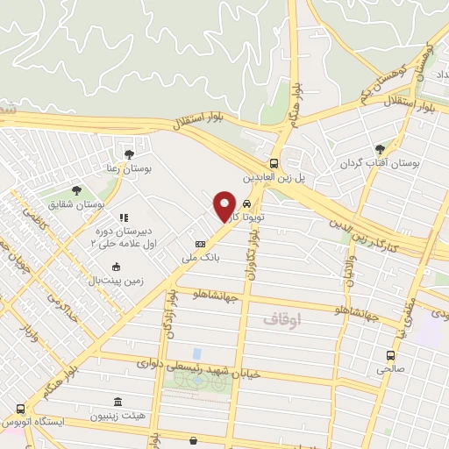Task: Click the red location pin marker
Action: [225, 205]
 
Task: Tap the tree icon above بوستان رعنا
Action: [129, 154]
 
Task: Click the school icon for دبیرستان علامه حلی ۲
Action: [124, 217]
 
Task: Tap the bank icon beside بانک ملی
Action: [200, 244]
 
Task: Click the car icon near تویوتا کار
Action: [257, 202]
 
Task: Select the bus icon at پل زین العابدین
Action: [274, 163]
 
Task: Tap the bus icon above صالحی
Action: [391, 356]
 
